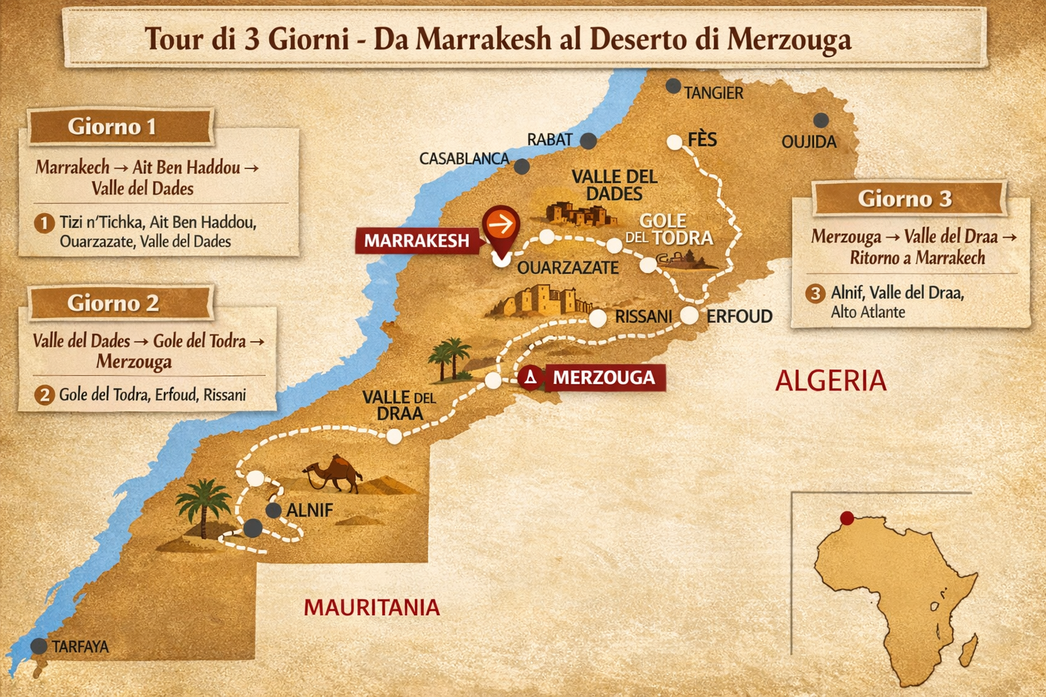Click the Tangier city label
pos(713,93)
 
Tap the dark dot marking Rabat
pos(588,141)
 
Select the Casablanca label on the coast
pos(464,159)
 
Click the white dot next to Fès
pos(674,142)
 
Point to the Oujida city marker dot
pos(821,120)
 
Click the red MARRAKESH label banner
pos(416,240)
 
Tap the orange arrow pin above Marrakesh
pos(501,224)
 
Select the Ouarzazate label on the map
pos(567,268)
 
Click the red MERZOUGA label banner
pos(603,377)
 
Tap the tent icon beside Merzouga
pos(530,377)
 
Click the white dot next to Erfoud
pos(690,315)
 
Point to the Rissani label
pos(643,317)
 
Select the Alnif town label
pos(309,510)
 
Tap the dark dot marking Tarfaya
pos(39,646)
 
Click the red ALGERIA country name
pos(831,380)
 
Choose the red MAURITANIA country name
pos(372,607)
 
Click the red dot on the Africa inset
pos(847,519)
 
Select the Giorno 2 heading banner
pos(113,303)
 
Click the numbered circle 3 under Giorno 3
pos(815,293)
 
